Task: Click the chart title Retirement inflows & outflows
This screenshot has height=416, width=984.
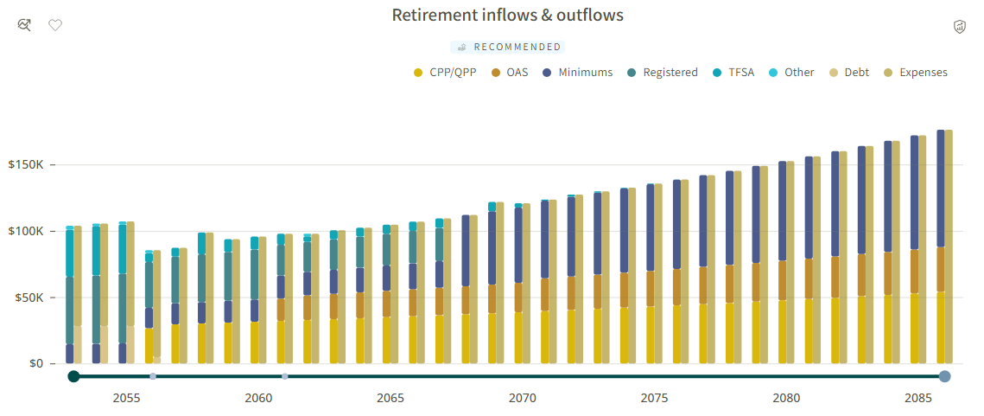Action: [x=508, y=15]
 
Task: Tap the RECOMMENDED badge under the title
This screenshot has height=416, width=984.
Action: [x=508, y=47]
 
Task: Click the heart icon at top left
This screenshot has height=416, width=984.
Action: [x=56, y=25]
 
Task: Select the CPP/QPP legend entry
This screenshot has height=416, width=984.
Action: [x=445, y=73]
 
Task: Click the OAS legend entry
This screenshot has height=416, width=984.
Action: [x=510, y=73]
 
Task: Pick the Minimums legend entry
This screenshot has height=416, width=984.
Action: [x=577, y=73]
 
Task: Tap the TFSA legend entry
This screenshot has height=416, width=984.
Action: [x=733, y=73]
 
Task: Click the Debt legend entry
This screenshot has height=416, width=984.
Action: [x=850, y=73]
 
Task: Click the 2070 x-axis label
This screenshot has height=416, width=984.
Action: [x=522, y=398]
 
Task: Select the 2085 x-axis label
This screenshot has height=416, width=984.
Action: [x=918, y=398]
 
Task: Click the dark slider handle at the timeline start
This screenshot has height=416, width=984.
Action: [x=73, y=376]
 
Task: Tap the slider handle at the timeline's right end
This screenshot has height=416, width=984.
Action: [x=944, y=376]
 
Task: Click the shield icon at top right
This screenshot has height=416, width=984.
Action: [x=960, y=27]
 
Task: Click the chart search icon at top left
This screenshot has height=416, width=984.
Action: [x=24, y=25]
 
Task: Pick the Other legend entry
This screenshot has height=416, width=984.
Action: [x=792, y=73]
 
